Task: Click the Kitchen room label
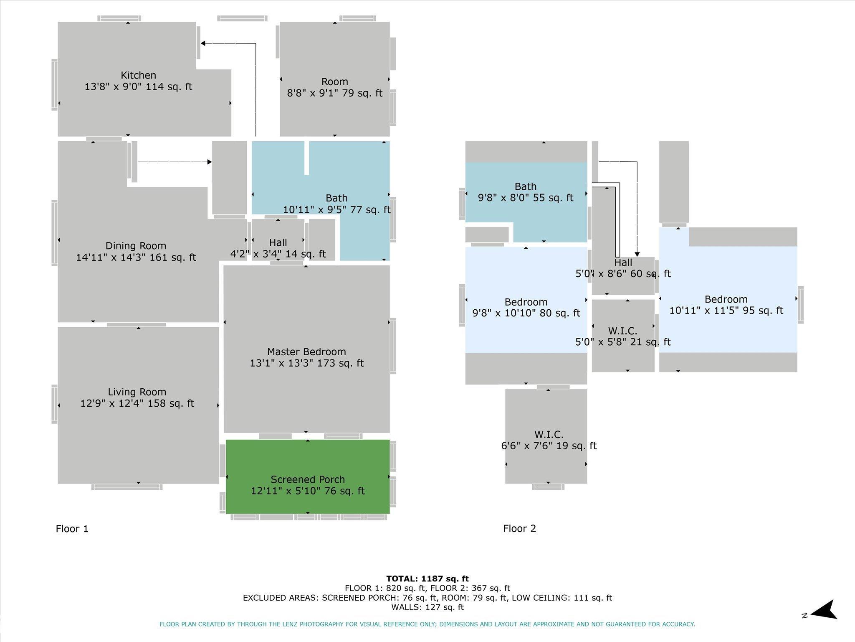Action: coord(138,75)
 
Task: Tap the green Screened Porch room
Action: coord(308,476)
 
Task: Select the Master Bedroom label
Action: coord(306,352)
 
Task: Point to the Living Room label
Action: coord(137,392)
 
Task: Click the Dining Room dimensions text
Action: coord(136,257)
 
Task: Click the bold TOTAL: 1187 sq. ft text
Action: coord(427,579)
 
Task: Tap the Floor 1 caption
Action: coord(72,529)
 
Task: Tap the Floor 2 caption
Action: coord(519,528)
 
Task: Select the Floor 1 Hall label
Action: coord(278,243)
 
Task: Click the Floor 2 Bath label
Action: coord(526,186)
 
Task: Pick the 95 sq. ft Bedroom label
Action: coord(726,305)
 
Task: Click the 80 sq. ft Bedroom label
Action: coord(526,308)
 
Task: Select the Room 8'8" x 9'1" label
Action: coord(334,87)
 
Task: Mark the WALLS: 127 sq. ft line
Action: coord(427,607)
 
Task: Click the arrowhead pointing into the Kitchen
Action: coord(203,43)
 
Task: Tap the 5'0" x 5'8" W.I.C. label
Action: coord(623,336)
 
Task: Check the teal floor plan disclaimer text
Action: coord(427,624)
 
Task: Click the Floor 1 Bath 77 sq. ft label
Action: coord(337,204)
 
